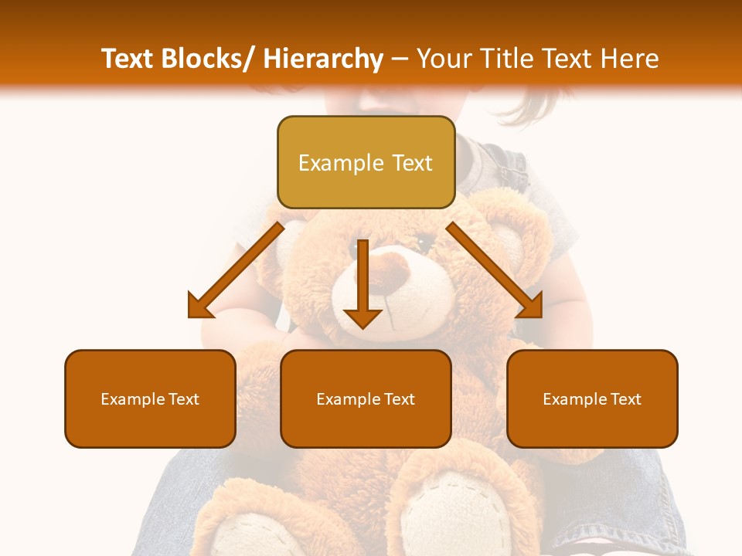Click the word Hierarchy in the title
click(x=323, y=59)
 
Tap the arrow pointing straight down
click(x=362, y=286)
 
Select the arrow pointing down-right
click(x=495, y=270)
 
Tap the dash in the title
click(x=400, y=59)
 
